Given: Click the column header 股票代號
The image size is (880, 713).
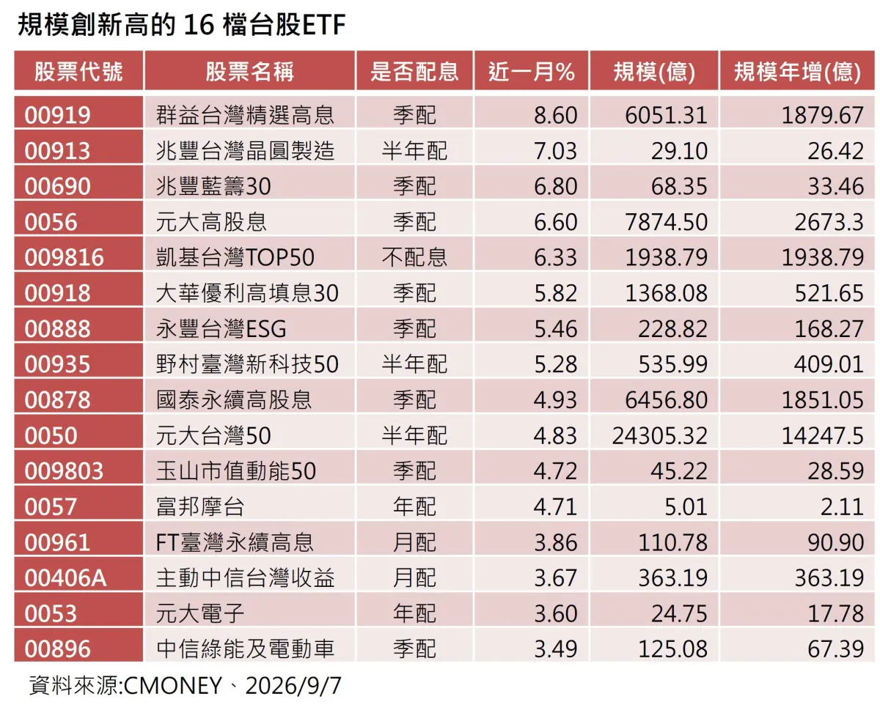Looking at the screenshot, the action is tap(78, 71).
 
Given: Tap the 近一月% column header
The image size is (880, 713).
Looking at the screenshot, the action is tap(532, 71).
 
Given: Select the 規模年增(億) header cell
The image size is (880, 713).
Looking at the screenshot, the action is tap(797, 71).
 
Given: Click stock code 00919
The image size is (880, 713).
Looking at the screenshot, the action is tap(57, 115).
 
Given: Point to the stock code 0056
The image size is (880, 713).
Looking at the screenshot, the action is tap(51, 222).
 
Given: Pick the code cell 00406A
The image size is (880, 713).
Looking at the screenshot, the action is tap(65, 578).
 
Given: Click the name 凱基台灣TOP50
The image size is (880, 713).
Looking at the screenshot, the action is tap(235, 257).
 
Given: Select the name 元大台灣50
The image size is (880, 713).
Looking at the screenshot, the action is tap(213, 435).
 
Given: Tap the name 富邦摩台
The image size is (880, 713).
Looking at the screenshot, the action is tap(200, 506).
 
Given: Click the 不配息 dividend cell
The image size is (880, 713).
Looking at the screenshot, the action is tap(414, 257).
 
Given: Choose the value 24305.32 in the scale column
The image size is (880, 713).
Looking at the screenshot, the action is tap(659, 435).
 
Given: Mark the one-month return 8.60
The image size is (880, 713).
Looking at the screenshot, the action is tap(555, 115).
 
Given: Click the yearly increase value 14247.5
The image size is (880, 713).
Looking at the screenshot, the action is tap(822, 435).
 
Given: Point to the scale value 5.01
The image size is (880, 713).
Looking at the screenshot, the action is tap(686, 506).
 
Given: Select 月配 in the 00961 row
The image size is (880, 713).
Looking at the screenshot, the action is tap(414, 542).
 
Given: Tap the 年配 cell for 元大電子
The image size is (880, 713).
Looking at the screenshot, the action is tap(414, 613).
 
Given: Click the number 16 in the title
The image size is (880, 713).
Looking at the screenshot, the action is tap(199, 25).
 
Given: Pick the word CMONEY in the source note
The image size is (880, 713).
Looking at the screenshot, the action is tap(172, 686).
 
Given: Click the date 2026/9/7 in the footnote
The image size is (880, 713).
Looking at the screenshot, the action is tap(293, 686).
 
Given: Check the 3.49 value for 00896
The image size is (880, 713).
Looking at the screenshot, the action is tap(555, 649).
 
